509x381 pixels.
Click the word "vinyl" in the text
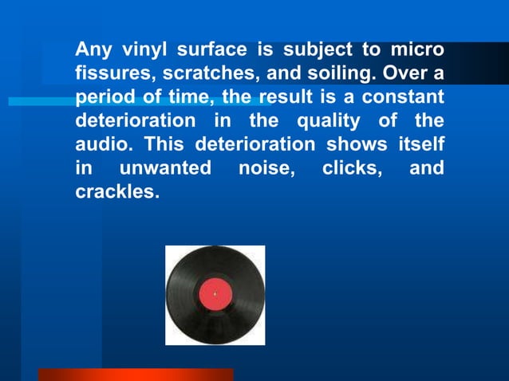(144, 50)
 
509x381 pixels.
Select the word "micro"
(416, 50)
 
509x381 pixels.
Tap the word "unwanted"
(165, 170)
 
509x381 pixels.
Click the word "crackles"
(112, 194)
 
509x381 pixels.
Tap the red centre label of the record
(215, 295)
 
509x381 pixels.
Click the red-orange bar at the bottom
(136, 375)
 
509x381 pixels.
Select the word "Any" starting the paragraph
(92, 50)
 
